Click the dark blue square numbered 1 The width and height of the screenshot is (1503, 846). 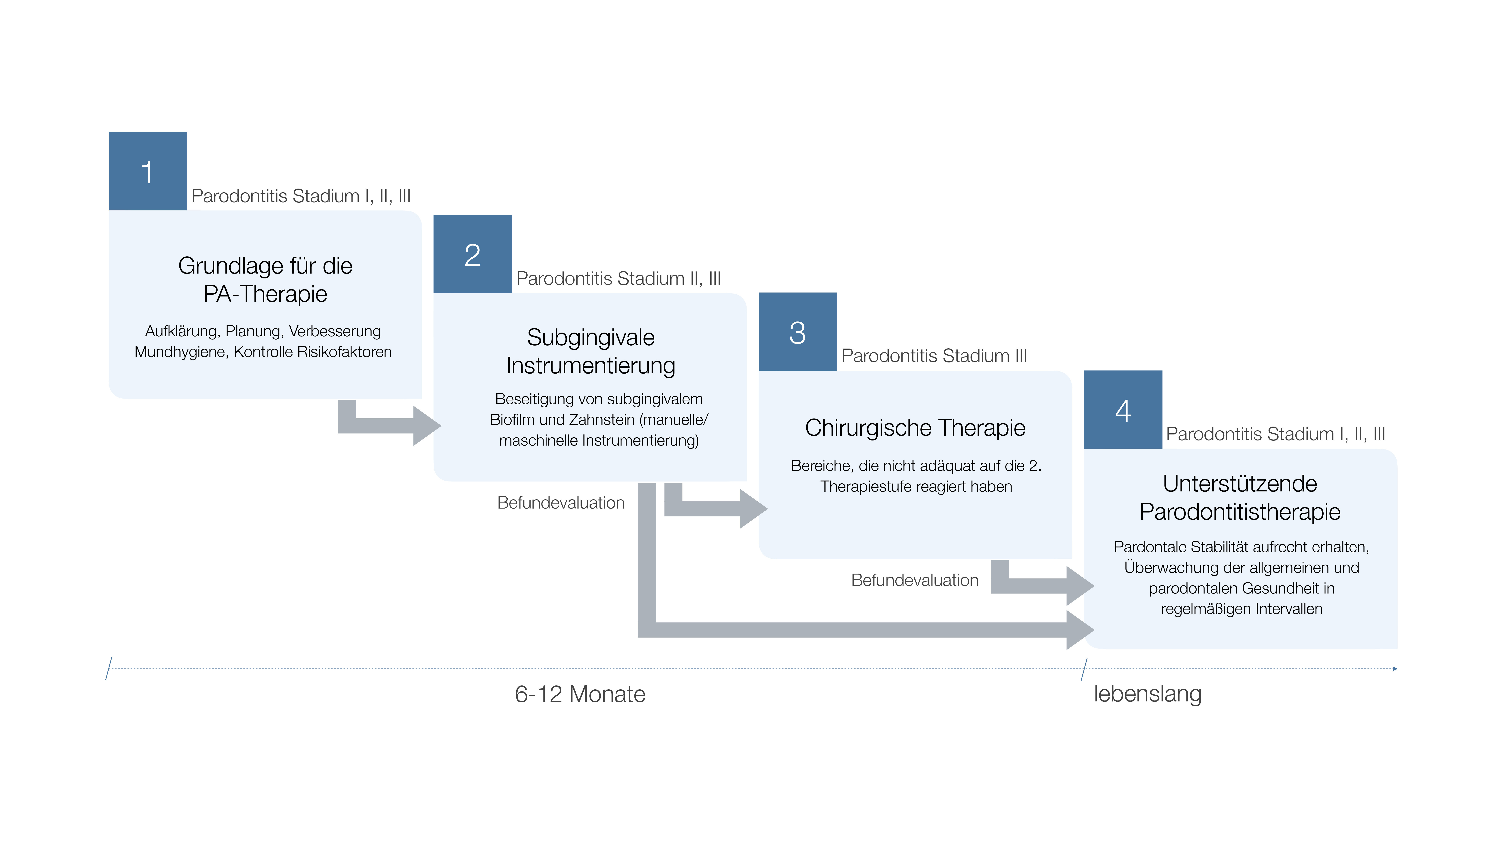148,171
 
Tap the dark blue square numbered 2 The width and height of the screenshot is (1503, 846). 473,254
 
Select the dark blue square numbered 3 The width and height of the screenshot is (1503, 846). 798,332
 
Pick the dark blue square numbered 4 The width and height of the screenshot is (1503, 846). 1123,409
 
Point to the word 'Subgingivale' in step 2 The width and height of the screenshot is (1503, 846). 590,337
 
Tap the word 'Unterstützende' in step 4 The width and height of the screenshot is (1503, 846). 1240,483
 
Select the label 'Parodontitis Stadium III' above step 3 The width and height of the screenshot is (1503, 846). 934,356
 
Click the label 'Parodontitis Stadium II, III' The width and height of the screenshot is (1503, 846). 618,278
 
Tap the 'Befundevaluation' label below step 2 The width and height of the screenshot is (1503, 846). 561,503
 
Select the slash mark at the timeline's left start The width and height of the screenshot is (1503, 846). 109,669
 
